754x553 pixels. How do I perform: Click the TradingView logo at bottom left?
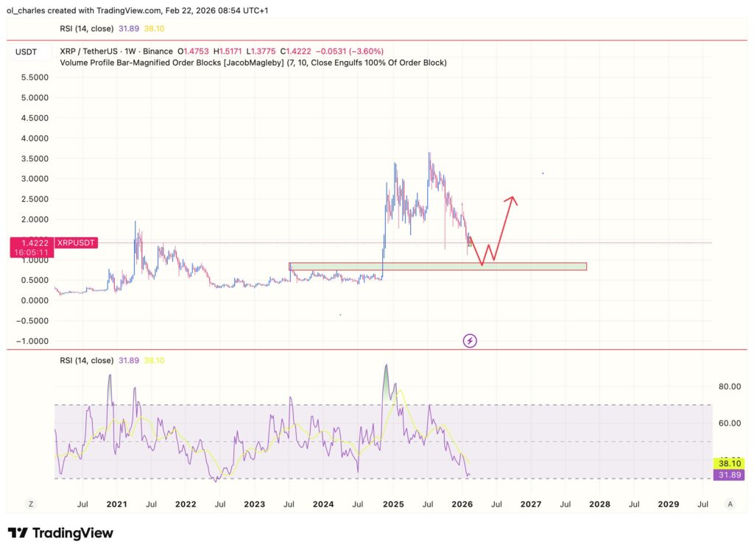pos(60,533)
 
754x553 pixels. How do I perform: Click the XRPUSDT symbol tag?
pos(76,242)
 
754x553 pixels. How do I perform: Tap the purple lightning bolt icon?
pos(470,340)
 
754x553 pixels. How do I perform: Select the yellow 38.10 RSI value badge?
pos(728,463)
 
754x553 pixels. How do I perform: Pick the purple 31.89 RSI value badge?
pos(728,475)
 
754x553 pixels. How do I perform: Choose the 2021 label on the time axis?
pos(116,504)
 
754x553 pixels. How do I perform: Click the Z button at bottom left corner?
pos(31,504)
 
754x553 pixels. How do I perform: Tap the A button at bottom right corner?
pos(729,504)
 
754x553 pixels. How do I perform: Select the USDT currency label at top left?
pos(26,52)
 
